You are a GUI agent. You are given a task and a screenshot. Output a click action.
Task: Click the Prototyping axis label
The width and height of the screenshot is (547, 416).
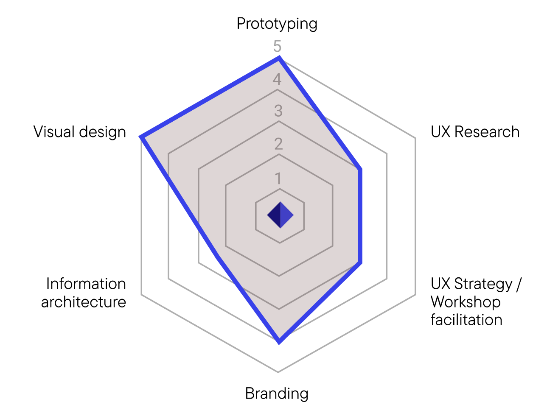(277, 24)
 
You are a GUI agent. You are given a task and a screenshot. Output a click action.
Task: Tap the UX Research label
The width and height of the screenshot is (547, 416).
(475, 132)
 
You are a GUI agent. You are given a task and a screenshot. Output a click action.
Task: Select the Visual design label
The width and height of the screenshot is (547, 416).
(80, 132)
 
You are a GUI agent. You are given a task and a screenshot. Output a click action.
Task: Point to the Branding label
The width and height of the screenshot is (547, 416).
(277, 394)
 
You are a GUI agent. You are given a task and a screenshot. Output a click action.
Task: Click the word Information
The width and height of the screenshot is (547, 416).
(86, 284)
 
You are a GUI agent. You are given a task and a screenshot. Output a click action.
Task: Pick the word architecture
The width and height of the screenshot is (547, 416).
(84, 302)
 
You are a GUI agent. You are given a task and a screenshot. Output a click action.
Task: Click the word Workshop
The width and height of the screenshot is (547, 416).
(466, 302)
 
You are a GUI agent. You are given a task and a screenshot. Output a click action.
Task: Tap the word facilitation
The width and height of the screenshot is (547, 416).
(466, 320)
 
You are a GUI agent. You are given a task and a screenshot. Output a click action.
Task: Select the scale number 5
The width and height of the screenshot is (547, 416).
(277, 46)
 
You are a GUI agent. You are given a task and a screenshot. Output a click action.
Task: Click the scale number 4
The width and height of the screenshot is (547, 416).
(277, 79)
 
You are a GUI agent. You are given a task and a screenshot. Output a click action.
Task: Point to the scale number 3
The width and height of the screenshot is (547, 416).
(278, 111)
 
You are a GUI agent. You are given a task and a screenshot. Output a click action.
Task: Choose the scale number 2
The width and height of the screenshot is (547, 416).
(278, 144)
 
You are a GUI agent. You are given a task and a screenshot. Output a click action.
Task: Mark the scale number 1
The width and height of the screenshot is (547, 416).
(278, 177)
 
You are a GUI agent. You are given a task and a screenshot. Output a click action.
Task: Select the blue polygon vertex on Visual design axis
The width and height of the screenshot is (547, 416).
(142, 137)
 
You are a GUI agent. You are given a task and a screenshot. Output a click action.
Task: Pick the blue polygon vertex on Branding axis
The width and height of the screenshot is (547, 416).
(279, 341)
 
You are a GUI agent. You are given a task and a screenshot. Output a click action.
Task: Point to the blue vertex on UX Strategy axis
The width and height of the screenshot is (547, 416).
(360, 263)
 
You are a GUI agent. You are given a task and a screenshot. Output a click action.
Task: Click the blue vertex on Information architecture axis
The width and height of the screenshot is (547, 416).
(216, 257)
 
